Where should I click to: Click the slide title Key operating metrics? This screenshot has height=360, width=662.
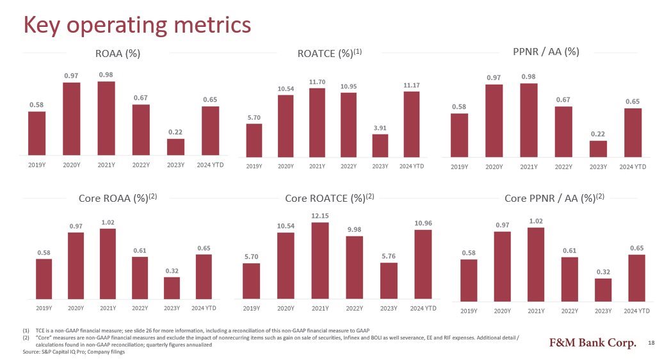(x=137, y=25)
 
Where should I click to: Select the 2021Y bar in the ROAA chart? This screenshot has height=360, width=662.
(x=106, y=119)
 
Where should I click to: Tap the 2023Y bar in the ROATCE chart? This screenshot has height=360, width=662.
(x=380, y=146)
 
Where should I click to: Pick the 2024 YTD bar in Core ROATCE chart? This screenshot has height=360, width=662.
(x=423, y=265)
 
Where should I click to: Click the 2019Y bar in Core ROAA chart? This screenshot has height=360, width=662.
(x=44, y=279)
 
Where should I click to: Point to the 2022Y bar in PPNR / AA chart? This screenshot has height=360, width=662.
(x=563, y=132)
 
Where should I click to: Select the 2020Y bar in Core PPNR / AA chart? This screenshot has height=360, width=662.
(x=503, y=266)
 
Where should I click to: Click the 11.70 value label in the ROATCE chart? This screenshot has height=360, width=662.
(x=317, y=82)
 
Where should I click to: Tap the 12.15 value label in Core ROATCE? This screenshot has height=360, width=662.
(x=320, y=216)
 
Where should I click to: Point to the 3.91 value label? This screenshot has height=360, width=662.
(x=380, y=128)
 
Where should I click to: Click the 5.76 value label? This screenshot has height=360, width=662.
(x=389, y=256)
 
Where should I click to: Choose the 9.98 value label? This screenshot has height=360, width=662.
(x=354, y=229)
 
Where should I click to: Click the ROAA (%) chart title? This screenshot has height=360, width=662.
(x=118, y=54)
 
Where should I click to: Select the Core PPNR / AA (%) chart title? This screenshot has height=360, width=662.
(x=554, y=198)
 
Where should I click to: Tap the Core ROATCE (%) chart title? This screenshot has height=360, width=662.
(x=329, y=198)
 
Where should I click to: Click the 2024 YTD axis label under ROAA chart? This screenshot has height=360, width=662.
(x=210, y=165)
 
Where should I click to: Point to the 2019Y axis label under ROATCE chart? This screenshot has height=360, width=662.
(x=254, y=167)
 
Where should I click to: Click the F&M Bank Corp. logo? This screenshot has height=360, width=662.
(x=593, y=343)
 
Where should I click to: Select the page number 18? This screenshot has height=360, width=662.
(x=651, y=343)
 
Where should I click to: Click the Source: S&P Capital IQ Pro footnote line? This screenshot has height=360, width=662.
(x=74, y=352)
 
